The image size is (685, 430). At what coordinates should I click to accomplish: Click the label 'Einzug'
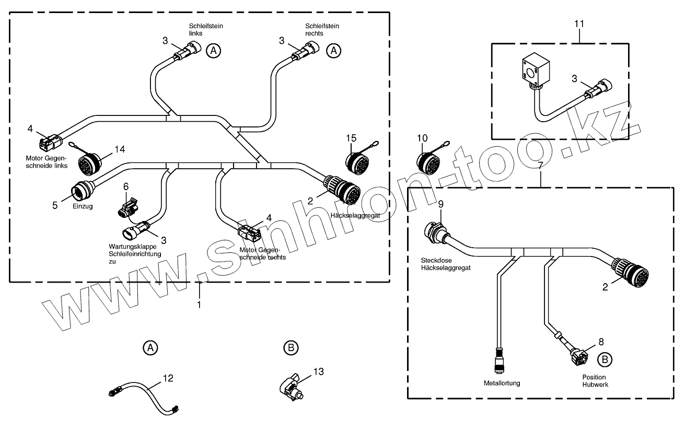tap(83, 207)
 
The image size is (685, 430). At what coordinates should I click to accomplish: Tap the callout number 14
tap(120, 149)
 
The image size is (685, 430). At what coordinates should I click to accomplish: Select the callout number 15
tap(351, 138)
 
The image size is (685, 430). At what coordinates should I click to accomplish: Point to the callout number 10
tap(422, 138)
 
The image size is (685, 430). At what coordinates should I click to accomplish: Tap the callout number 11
tap(579, 24)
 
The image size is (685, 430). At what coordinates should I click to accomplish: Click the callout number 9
tap(440, 203)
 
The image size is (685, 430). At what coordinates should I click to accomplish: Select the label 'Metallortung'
tap(502, 383)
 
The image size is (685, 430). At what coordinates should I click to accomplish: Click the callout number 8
tap(601, 342)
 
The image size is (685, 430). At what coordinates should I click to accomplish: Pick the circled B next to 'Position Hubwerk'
tap(605, 359)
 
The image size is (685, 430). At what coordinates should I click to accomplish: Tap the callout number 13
tap(318, 372)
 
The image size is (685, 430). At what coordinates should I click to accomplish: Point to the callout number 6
tap(125, 186)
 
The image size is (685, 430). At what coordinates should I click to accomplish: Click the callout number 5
tap(55, 206)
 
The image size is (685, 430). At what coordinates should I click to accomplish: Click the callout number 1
tap(199, 304)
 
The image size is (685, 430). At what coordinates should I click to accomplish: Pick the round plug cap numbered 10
tap(429, 161)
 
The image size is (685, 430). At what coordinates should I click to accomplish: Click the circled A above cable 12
tap(150, 347)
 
